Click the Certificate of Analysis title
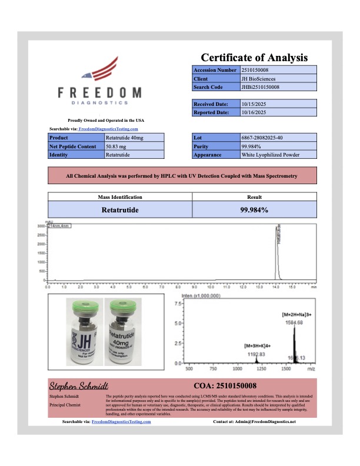click(254, 58)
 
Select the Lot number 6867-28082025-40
click(262, 137)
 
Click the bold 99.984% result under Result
click(255, 209)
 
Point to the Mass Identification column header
click(119, 197)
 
